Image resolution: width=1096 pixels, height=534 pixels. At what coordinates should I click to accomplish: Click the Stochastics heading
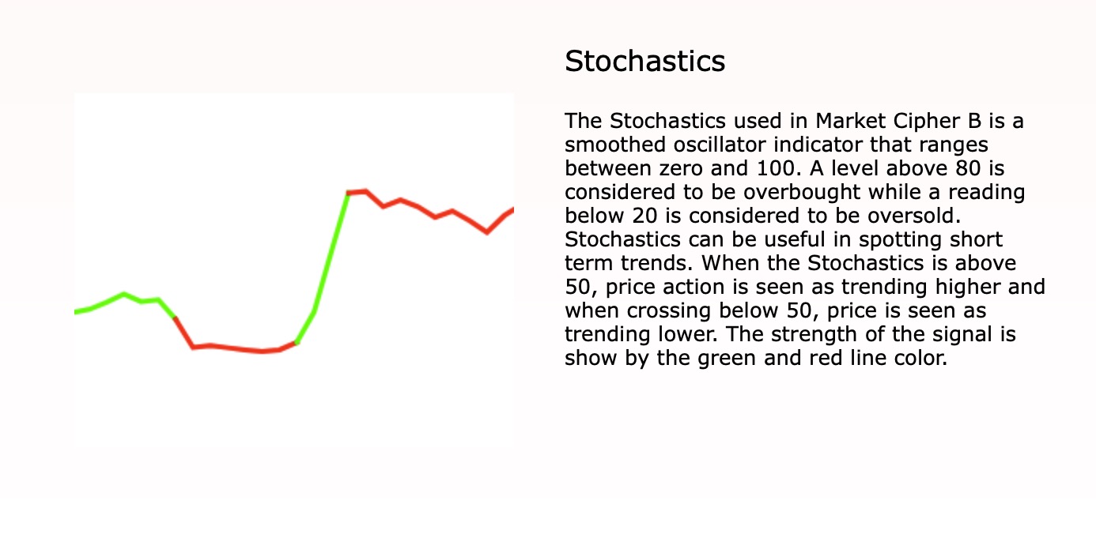[x=644, y=62]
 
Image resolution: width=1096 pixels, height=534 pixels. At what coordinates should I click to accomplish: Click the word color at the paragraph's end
[x=921, y=359]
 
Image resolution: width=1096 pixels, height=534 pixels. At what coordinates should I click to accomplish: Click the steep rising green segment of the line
[x=331, y=253]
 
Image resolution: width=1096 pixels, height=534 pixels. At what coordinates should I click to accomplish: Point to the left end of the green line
[x=77, y=312]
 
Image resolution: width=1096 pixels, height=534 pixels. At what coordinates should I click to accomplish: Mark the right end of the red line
[x=512, y=209]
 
